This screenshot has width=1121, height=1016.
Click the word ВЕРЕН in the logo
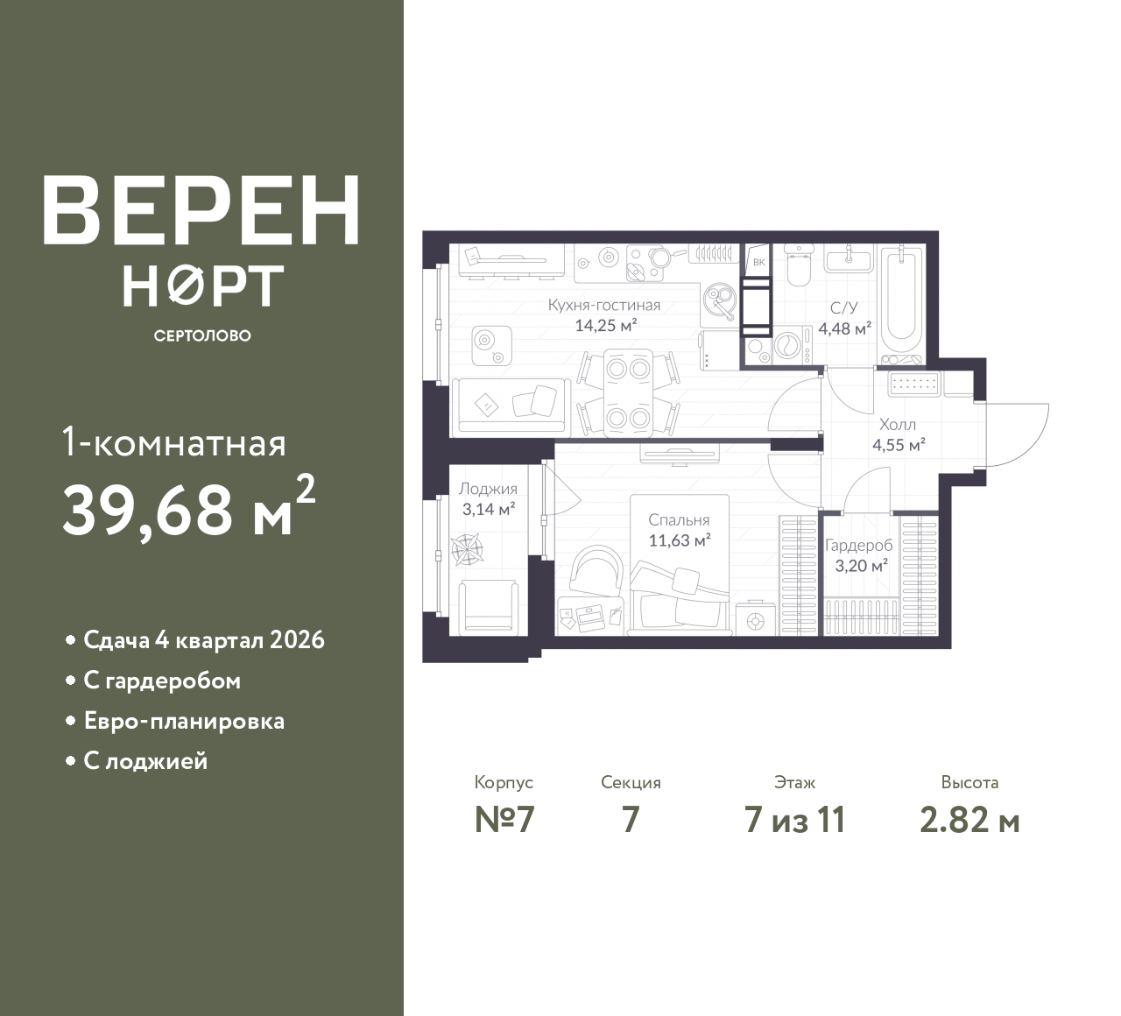point(201,210)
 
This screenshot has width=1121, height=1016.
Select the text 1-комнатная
point(173,444)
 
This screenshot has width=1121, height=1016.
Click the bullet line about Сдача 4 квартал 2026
point(195,640)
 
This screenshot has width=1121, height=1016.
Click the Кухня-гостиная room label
point(604,305)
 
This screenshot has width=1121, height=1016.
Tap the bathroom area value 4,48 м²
point(845,328)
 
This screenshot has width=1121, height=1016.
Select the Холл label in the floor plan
point(898,424)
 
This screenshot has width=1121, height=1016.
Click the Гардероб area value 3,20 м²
point(861,566)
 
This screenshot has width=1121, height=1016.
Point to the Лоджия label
point(488,489)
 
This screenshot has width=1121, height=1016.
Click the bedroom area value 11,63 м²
point(680,540)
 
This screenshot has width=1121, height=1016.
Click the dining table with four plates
point(628,393)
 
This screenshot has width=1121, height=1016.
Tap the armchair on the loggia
point(488,607)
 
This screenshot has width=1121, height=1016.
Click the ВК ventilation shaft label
point(759,262)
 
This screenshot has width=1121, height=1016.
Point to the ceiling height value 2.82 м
point(969,821)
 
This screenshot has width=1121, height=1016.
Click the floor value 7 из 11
point(794,821)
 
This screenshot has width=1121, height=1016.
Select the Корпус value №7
point(504,821)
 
